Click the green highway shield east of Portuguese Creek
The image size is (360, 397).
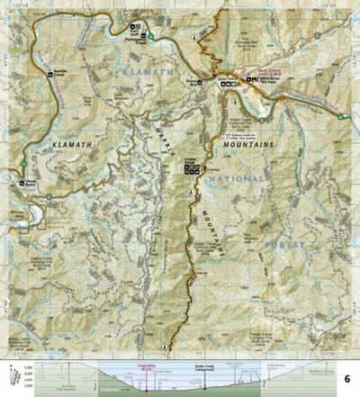point(152,36)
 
